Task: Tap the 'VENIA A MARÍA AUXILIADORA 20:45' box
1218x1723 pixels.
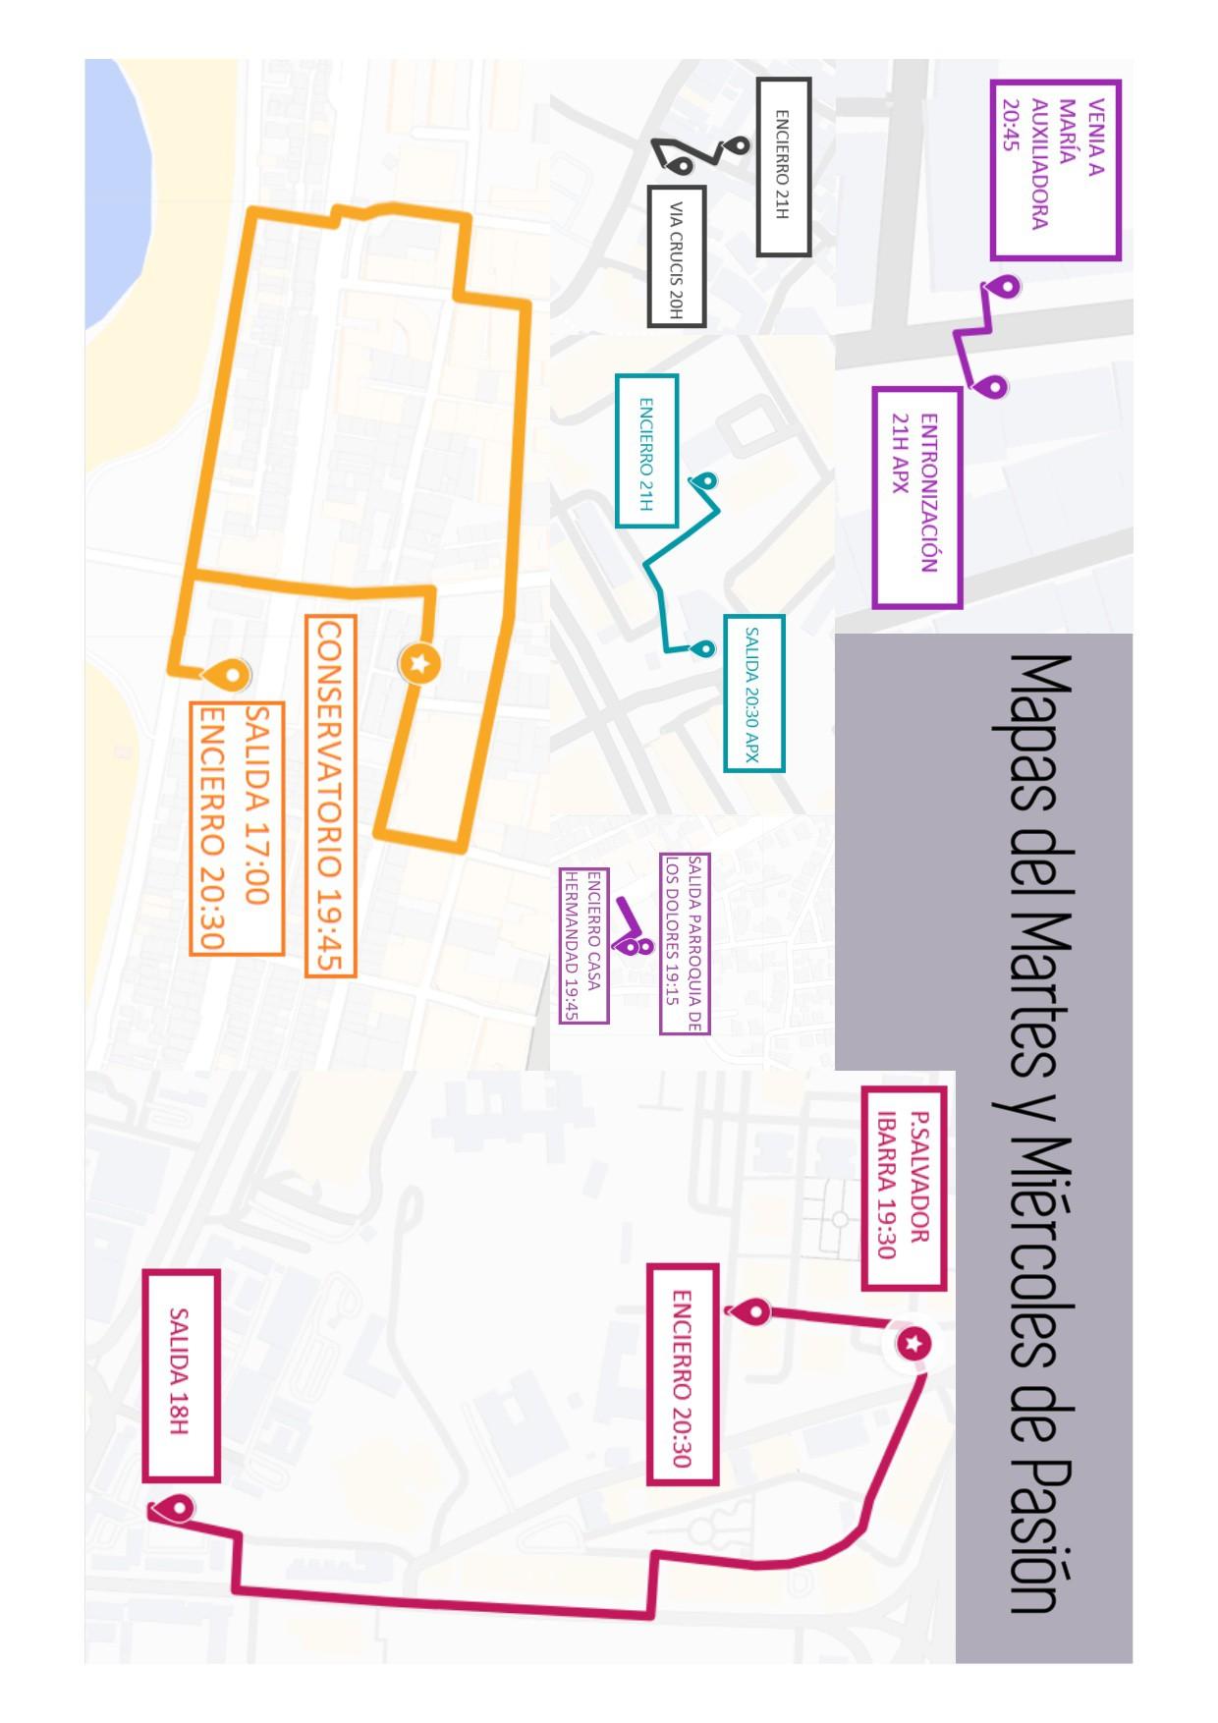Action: [x=1055, y=169]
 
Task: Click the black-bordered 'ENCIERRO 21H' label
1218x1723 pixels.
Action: [x=783, y=166]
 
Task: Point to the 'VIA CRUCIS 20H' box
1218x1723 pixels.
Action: [x=676, y=254]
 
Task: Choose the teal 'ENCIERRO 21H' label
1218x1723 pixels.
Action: [x=646, y=450]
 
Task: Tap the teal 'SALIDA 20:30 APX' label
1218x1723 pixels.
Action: [x=753, y=693]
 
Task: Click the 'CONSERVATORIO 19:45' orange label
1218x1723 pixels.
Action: [x=330, y=795]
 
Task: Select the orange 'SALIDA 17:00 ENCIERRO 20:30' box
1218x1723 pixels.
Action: [x=237, y=827]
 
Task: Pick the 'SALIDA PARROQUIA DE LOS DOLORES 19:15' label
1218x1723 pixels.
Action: [x=684, y=942]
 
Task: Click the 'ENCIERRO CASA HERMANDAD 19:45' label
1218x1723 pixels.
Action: [x=583, y=944]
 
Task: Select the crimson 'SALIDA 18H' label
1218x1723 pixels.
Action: [x=180, y=1373]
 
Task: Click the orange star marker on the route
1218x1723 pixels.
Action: [x=419, y=664]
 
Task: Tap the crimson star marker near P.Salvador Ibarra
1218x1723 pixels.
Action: [x=914, y=1343]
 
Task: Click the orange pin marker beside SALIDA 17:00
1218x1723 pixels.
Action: [x=231, y=674]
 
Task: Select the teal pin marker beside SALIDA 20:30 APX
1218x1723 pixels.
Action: [x=703, y=649]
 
